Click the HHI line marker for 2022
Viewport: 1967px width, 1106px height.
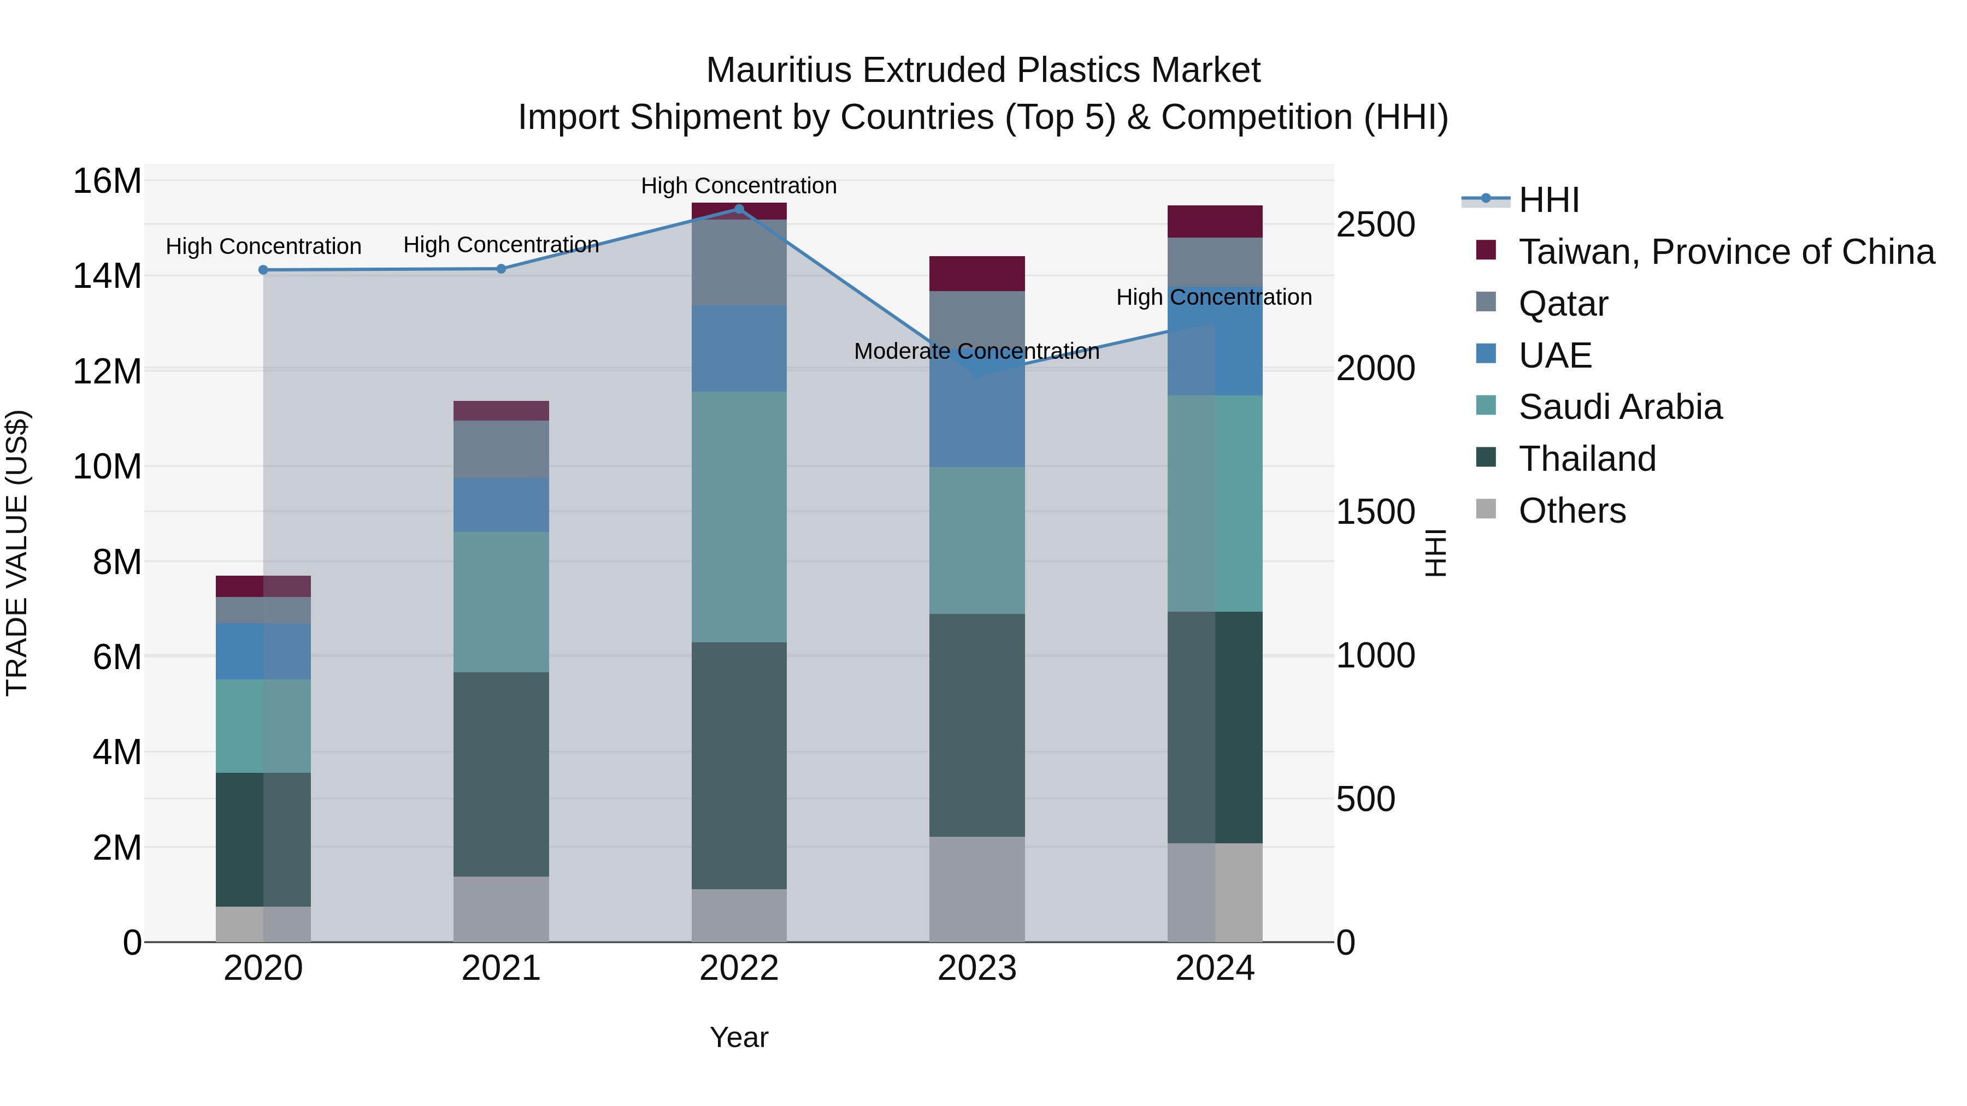tap(738, 209)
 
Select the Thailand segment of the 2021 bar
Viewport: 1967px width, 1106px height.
tap(501, 774)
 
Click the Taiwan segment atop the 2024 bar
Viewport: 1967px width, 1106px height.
tap(1214, 221)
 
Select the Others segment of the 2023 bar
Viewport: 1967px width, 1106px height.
tap(976, 889)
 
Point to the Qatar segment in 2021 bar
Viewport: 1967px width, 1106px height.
tap(501, 450)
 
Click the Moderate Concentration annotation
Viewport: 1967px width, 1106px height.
tap(976, 352)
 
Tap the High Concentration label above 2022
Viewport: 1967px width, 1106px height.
tap(738, 186)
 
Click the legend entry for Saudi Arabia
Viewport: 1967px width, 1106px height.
tap(1619, 407)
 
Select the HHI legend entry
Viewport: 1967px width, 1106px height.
tap(1548, 200)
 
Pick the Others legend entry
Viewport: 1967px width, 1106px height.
tap(1571, 511)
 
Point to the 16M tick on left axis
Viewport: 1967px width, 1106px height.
tap(107, 182)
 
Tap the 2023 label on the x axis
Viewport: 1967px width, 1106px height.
tap(976, 968)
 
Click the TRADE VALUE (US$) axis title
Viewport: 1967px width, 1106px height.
tap(17, 553)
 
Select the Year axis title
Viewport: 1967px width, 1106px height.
tap(738, 1037)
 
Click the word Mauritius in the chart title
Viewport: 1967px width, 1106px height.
tap(779, 70)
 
